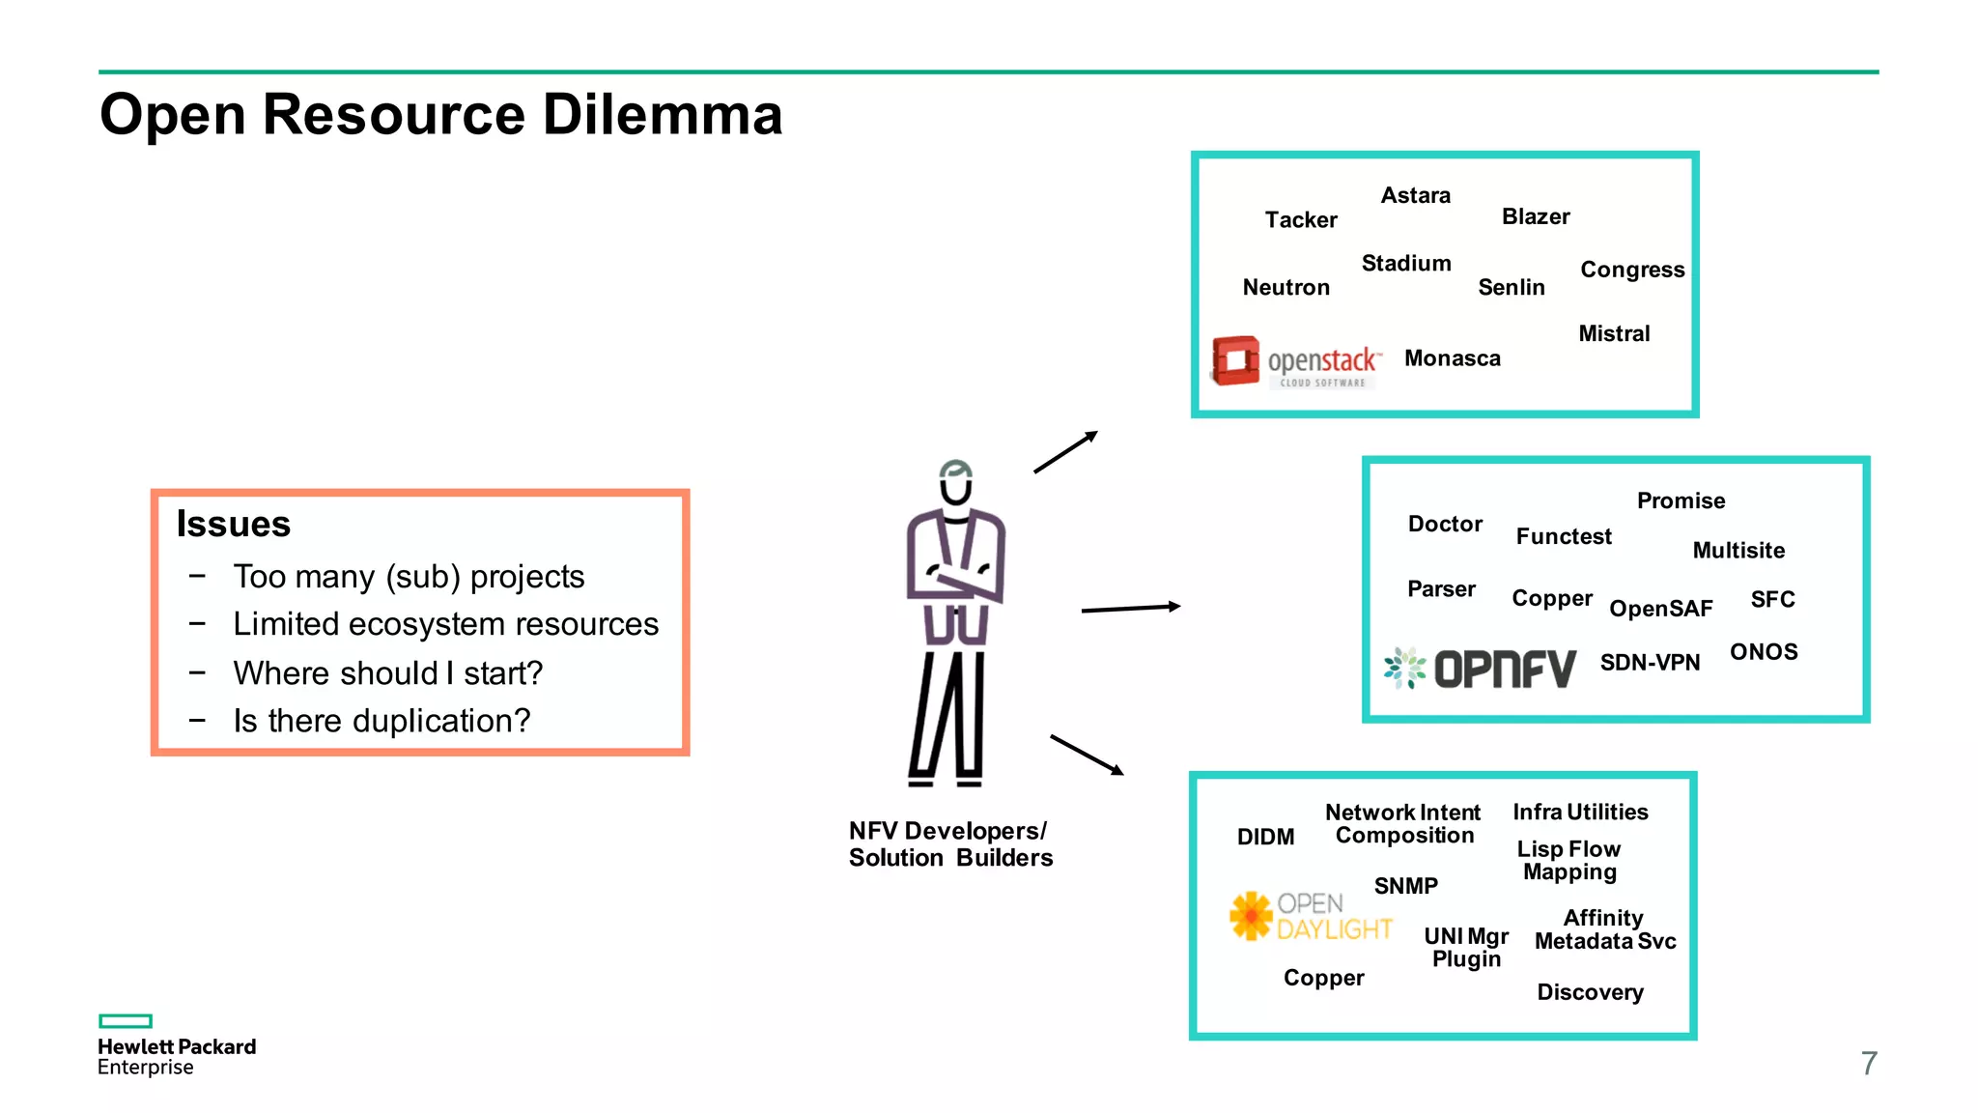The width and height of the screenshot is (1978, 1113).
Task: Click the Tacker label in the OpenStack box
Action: tap(1301, 220)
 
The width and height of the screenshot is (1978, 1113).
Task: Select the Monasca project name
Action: tap(1452, 358)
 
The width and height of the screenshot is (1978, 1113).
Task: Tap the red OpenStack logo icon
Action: tap(1236, 360)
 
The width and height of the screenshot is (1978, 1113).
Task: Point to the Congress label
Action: tap(1632, 270)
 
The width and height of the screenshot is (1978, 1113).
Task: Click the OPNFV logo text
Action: tap(1505, 669)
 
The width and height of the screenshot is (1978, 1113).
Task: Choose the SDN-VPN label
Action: tap(1650, 663)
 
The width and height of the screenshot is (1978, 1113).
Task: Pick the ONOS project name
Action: tap(1764, 652)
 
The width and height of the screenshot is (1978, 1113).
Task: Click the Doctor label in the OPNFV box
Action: tap(1445, 525)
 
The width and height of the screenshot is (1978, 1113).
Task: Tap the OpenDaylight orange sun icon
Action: tap(1251, 915)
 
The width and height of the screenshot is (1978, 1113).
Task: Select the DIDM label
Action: tap(1265, 837)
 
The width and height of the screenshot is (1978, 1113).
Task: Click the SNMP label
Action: tap(1405, 886)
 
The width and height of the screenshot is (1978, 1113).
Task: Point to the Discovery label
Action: tap(1590, 992)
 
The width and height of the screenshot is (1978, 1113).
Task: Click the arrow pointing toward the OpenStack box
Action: tap(1065, 452)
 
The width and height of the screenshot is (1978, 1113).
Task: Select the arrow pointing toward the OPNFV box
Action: tap(1130, 609)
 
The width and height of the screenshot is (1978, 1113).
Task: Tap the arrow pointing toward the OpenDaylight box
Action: tap(1087, 755)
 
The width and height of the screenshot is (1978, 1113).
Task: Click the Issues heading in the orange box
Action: tap(234, 524)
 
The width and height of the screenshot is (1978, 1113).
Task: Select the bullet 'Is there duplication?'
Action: tap(381, 721)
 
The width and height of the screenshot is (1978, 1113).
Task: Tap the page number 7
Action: tap(1869, 1063)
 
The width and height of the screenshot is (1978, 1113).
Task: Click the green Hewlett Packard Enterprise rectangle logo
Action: tap(126, 1021)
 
